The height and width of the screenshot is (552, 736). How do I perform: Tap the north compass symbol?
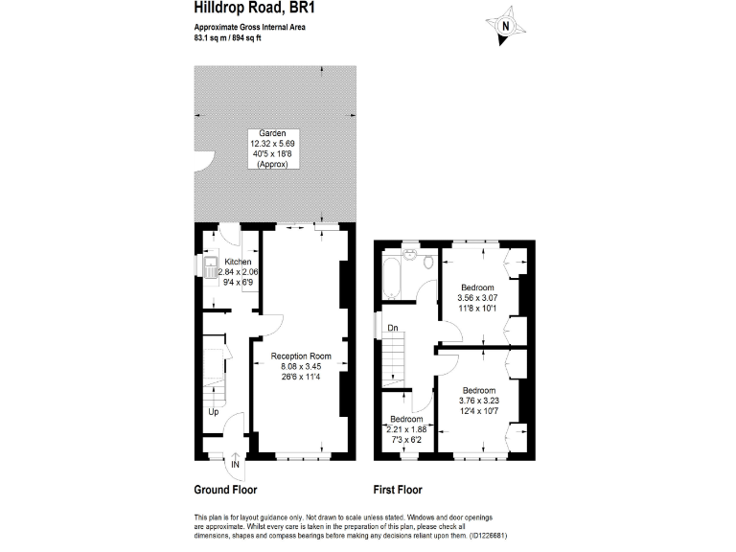507,26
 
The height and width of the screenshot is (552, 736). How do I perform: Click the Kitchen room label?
238,262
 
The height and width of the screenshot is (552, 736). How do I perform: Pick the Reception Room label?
307,356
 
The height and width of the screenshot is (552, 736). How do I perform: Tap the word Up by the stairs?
213,413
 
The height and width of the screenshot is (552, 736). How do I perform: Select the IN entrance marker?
235,465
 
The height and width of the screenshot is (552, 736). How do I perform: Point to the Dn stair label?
393,328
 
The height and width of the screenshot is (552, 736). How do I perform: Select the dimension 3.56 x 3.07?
477,297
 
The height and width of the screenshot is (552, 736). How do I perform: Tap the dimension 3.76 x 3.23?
479,401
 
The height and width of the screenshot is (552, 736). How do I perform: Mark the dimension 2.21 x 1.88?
406,428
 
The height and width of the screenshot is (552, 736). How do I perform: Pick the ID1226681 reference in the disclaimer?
488,535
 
